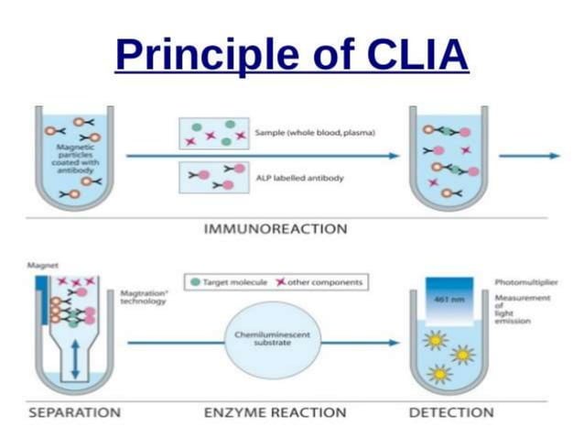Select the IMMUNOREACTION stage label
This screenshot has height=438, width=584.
click(x=275, y=228)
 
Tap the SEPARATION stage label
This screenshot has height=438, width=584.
click(x=74, y=412)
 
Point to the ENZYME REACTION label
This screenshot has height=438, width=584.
click(x=275, y=412)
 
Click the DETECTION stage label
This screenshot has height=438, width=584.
click(x=450, y=412)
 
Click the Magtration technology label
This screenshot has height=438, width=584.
click(x=142, y=297)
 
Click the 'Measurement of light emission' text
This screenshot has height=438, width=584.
click(x=522, y=310)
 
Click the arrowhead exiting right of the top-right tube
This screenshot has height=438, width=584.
click(x=555, y=156)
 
